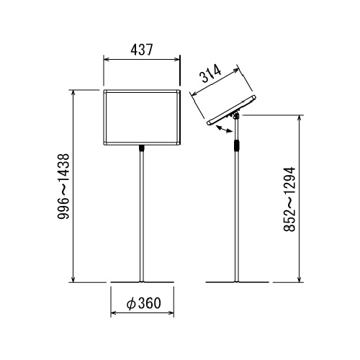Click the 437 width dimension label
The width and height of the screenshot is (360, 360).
(142, 50)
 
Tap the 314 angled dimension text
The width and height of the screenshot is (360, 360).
(211, 74)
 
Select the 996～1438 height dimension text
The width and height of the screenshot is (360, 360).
(63, 186)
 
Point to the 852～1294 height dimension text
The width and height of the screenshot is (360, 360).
(289, 199)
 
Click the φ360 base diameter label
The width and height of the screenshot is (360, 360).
(143, 303)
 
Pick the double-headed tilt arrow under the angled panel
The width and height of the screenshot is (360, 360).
(224, 129)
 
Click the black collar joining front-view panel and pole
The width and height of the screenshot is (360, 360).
(142, 148)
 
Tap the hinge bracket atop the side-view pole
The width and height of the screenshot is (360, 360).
(236, 116)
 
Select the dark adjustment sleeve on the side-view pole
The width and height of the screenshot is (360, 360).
(237, 145)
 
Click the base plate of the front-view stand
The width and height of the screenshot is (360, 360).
(142, 282)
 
